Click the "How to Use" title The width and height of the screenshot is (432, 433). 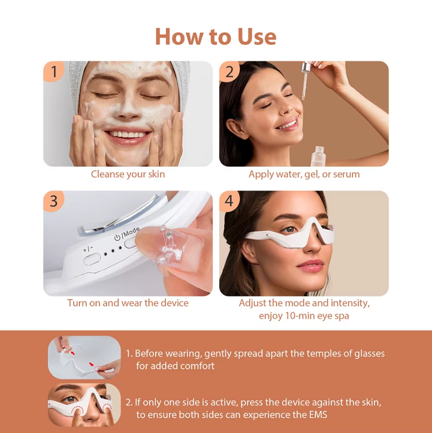tap(216, 36)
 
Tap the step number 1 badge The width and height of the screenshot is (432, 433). tap(54, 72)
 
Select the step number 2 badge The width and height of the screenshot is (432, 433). tap(229, 72)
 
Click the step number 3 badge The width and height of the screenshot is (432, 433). tap(54, 201)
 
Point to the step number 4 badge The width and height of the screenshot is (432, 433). tap(229, 201)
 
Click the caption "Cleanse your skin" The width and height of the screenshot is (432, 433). tap(128, 174)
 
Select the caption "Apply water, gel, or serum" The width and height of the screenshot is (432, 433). tap(304, 174)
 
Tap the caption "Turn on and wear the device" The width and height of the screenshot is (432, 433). tap(128, 303)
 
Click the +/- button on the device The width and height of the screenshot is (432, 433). tap(92, 258)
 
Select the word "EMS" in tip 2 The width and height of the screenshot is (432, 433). tap(317, 415)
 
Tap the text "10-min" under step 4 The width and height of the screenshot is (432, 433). tap(298, 316)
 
